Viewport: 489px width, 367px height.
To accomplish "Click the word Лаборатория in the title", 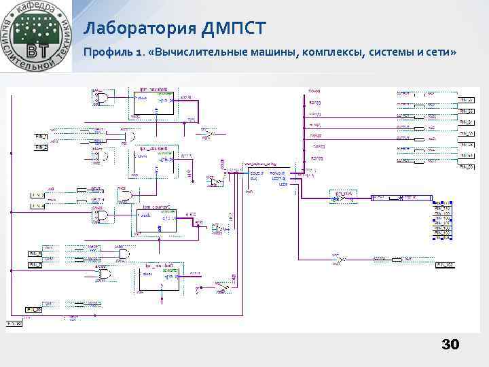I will point(140,29).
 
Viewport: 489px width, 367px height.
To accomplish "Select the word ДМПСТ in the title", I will point(234,29).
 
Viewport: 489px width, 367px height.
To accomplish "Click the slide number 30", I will point(450,345).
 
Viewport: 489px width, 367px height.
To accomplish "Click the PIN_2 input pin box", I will point(41,146).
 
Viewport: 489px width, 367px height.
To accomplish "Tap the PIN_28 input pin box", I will point(34,310).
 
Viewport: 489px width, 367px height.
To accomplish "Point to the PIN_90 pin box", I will point(14,324).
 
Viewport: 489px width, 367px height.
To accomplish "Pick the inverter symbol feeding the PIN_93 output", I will point(340,258).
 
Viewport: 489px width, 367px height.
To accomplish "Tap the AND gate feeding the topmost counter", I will point(103,99).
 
